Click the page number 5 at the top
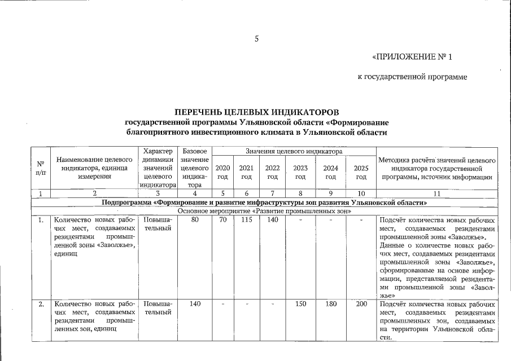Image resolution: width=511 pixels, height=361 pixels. coord(256,39)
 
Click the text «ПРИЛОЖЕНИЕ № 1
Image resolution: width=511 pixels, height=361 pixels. coord(413,57)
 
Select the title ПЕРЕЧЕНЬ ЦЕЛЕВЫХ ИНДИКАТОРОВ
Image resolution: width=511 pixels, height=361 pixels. coord(256,113)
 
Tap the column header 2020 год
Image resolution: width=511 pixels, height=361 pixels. coord(222,172)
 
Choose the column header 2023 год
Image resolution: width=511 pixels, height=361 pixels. coord(300,172)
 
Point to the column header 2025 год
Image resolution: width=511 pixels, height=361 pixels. coord(361,172)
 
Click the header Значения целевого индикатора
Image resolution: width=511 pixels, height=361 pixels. coord(294,151)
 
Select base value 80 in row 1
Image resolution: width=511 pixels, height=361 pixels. coord(195,220)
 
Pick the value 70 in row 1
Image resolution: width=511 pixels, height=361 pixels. coord(222,220)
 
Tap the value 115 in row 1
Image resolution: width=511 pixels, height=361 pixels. coord(246,220)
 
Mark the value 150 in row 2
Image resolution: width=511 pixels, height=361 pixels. coord(300,305)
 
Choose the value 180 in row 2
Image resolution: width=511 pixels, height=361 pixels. coord(331,305)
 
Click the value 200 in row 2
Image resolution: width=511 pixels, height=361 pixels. coord(361,305)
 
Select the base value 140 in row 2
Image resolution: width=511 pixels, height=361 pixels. coord(195,305)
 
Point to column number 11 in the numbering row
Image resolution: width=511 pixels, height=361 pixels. coord(438,193)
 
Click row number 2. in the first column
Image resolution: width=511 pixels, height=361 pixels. coord(41,305)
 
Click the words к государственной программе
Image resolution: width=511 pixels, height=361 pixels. coord(413,76)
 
